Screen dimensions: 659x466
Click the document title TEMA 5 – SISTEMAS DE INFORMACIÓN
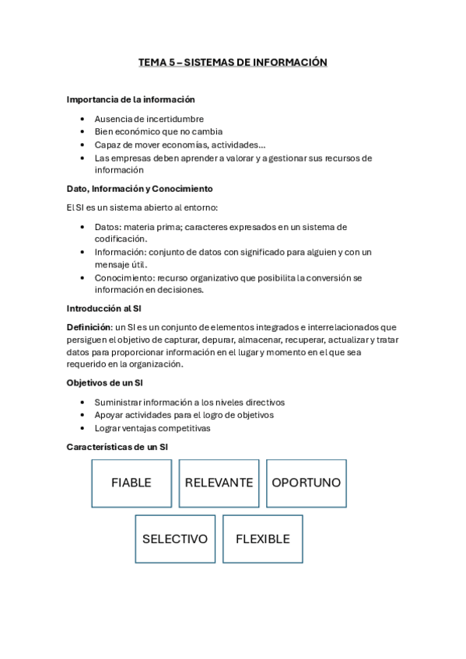tap(233, 62)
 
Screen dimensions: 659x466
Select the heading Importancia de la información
tap(131, 99)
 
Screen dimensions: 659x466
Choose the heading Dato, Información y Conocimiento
tap(140, 189)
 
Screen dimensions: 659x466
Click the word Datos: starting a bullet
tap(108, 227)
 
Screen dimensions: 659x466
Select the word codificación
tap(120, 239)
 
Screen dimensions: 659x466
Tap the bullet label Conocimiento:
tap(124, 277)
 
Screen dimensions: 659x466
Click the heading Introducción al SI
tap(104, 309)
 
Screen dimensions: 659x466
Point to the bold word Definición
tap(89, 327)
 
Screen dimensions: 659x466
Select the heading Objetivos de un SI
tap(104, 383)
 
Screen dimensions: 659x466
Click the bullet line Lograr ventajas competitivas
tap(152, 427)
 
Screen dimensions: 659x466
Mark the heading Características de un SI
tap(117, 447)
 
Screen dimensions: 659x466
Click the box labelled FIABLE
tap(131, 483)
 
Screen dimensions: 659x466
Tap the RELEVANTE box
tap(219, 483)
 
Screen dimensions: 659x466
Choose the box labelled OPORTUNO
tap(306, 483)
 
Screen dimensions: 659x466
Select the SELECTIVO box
tap(175, 539)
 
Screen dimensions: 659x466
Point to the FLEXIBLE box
tap(262, 539)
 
